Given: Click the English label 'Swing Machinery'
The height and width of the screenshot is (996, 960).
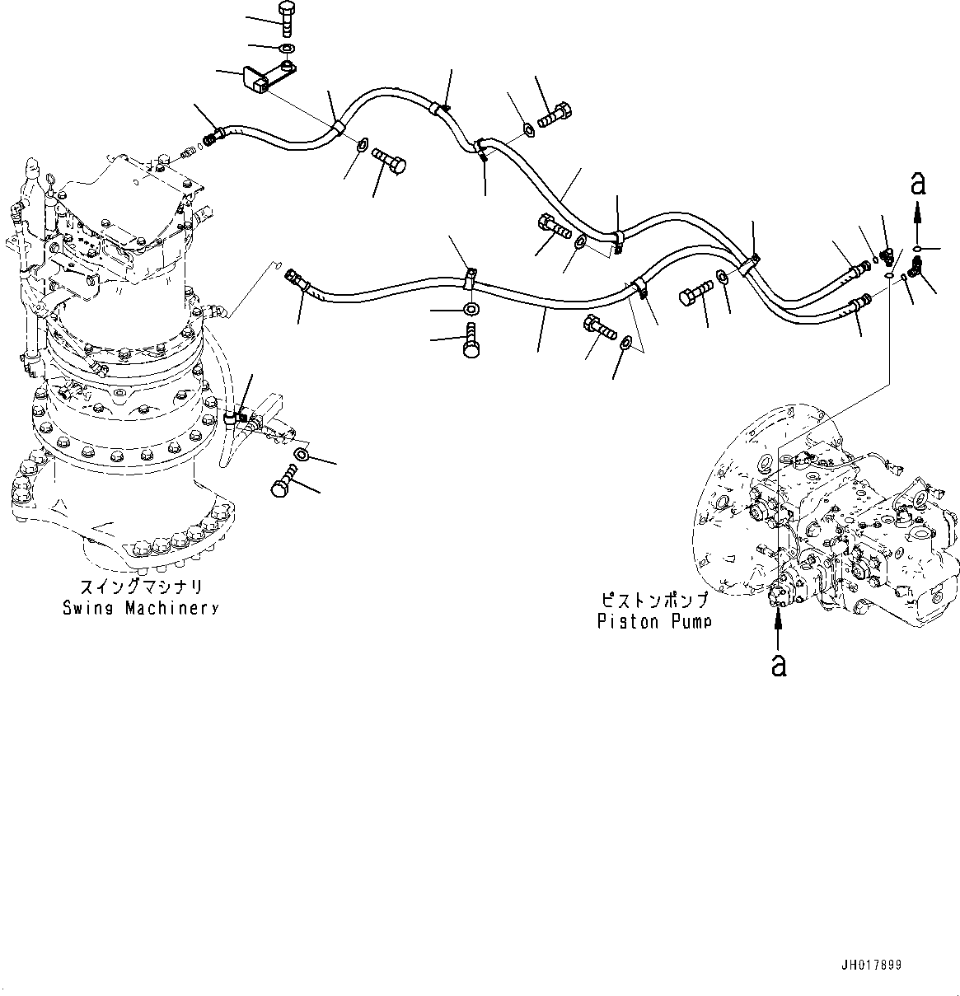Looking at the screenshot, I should coord(141,608).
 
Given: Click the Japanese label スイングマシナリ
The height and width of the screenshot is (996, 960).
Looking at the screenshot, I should coord(141,588).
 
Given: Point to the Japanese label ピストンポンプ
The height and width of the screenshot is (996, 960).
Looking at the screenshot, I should coord(653,601).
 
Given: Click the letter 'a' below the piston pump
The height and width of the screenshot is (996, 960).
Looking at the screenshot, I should coord(778,664).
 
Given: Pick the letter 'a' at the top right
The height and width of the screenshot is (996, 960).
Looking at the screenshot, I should coord(918,184).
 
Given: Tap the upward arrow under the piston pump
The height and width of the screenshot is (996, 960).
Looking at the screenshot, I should coord(778,630).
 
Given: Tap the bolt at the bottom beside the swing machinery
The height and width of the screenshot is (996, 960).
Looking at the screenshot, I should coord(285,482).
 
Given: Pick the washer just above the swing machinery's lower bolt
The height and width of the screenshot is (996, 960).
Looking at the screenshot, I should coord(302,455).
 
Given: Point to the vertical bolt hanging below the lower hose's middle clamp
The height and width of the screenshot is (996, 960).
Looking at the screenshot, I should coord(471,340).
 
